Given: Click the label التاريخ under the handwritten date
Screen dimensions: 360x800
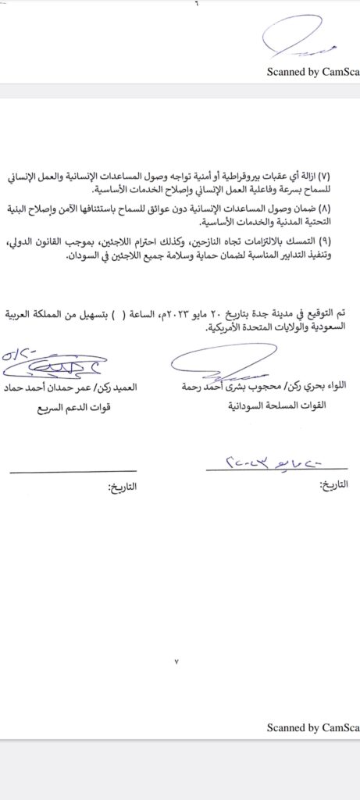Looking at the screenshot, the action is [x=334, y=484].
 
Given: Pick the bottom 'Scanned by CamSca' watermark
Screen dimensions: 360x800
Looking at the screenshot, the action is [x=312, y=727].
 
